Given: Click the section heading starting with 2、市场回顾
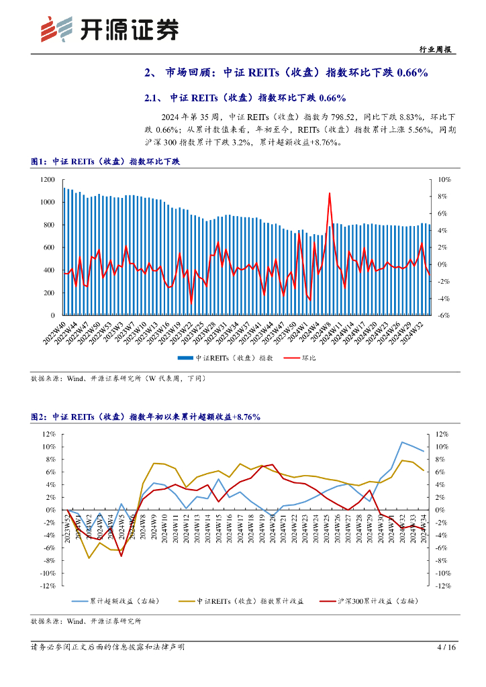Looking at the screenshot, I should coord(286,73).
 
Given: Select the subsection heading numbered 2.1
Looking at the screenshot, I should coord(245,98).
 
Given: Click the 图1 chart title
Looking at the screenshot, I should coord(105,162).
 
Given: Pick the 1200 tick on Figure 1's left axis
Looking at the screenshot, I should coord(47,179).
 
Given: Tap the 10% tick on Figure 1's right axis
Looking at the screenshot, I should coord(444,179).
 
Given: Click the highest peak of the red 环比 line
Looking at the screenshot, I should coord(330,193).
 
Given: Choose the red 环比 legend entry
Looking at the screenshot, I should coord(299,358).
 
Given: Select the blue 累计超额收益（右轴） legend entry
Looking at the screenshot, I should coord(110,601).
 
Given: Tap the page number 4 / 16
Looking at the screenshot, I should coord(446,647).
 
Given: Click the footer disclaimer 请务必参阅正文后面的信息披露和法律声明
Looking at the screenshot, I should coord(107,647).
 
